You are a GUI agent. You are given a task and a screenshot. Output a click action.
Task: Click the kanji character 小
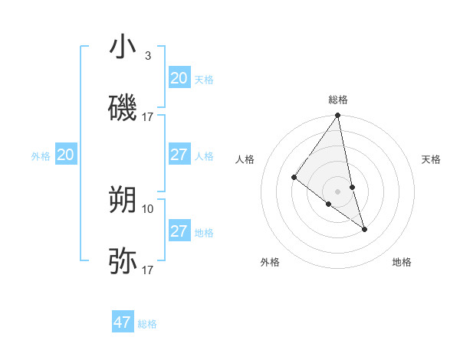(x=123, y=47)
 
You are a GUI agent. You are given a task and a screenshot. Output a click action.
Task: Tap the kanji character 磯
(x=123, y=108)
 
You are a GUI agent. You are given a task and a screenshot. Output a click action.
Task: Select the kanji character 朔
(x=123, y=200)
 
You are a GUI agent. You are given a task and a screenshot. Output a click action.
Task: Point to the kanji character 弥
(x=123, y=261)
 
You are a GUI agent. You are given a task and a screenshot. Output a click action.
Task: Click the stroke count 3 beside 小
(x=147, y=56)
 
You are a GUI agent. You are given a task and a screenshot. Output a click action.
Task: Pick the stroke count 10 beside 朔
(x=148, y=208)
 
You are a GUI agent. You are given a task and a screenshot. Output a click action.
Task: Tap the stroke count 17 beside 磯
(x=148, y=117)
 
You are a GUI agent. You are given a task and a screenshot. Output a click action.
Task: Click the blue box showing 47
(x=123, y=322)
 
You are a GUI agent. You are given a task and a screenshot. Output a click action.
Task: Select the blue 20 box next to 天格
(x=179, y=78)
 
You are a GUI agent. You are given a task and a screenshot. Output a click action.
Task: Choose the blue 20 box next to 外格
(x=66, y=155)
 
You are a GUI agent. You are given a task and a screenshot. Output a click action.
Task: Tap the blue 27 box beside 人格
(x=179, y=155)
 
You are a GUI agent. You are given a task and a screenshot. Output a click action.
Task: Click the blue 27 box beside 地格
(x=179, y=231)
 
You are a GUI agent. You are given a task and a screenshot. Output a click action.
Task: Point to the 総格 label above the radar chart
(x=338, y=100)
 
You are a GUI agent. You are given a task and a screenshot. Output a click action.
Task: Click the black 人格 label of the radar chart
(x=245, y=159)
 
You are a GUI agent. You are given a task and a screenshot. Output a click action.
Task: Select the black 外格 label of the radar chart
(x=270, y=263)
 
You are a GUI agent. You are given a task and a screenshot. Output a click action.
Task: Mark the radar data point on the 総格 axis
(x=338, y=116)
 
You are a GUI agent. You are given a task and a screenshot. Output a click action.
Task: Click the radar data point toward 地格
(x=364, y=229)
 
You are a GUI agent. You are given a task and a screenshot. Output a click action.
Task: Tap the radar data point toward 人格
(x=294, y=178)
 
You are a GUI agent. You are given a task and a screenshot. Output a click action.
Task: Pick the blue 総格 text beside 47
(x=147, y=324)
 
